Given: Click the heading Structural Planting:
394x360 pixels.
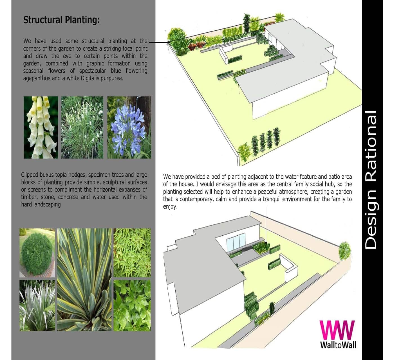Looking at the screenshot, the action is point(61,20).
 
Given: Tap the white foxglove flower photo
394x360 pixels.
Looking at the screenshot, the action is point(41,127).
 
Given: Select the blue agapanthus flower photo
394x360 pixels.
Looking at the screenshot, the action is point(129,127).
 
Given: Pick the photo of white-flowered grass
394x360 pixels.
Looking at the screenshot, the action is point(82,127).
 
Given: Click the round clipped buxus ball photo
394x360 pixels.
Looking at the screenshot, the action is point(37,253).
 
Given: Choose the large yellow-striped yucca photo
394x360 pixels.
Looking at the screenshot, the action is point(84,280).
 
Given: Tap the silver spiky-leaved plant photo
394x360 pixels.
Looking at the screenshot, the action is point(37,305).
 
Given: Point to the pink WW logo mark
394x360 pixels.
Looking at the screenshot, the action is point(337,330).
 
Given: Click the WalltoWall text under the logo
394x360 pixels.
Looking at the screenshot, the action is point(338,345).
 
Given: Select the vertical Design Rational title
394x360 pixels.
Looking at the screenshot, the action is point(371,180).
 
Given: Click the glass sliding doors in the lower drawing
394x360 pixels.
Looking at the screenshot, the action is point(236,241).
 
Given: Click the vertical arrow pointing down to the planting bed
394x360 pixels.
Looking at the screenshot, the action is point(266,226).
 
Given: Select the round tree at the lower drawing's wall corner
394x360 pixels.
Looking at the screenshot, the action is point(344,251).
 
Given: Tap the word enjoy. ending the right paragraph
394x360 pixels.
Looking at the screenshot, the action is point(170,207).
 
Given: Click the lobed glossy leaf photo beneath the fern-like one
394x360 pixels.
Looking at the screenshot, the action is point(132,305).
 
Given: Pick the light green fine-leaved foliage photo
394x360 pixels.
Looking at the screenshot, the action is point(132,253).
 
